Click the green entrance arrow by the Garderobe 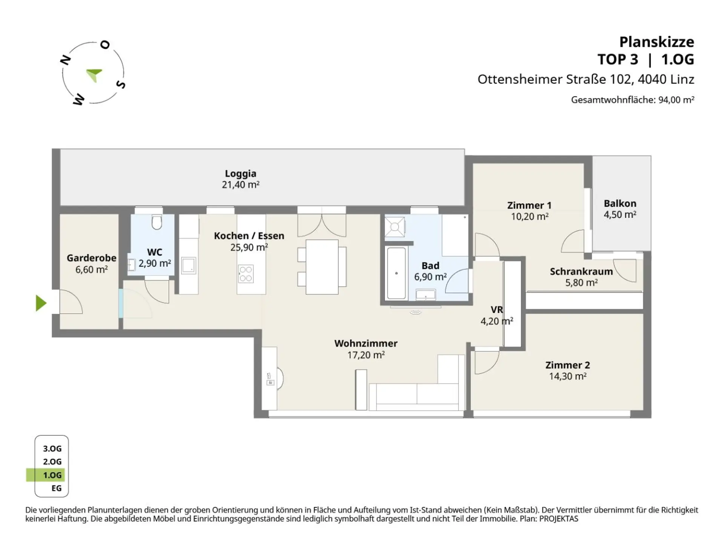point(41,303)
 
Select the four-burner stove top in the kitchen point(245,274)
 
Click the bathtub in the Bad point(396,273)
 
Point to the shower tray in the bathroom point(394,227)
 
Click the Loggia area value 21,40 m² point(241,185)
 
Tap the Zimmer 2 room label point(568,365)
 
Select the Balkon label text point(620,203)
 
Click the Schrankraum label point(581,271)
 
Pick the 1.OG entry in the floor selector point(52,475)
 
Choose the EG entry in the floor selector point(57,488)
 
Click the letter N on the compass point(66,60)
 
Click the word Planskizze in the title point(657,42)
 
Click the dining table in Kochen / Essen point(322,267)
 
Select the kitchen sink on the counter point(189,265)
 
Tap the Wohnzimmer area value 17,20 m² point(366,355)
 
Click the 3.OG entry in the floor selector point(52,449)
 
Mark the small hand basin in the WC point(131,265)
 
